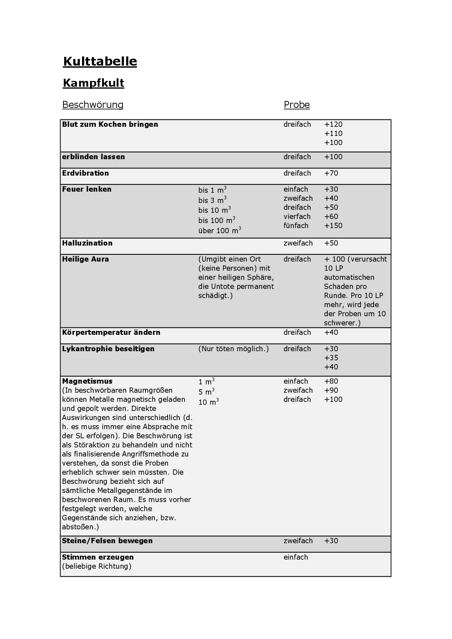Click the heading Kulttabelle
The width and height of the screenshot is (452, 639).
pyautogui.click(x=100, y=61)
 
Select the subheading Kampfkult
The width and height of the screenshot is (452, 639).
pyautogui.click(x=93, y=83)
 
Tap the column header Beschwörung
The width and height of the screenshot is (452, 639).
pyautogui.click(x=93, y=105)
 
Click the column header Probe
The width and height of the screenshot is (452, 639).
pyautogui.click(x=297, y=105)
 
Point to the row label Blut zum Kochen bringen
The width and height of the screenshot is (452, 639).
pyautogui.click(x=110, y=124)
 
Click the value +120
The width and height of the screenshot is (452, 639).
pyautogui.click(x=333, y=124)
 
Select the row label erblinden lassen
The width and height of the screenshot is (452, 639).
pyautogui.click(x=93, y=157)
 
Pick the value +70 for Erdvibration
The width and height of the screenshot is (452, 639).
pyautogui.click(x=331, y=173)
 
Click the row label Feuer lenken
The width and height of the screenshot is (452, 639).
pyautogui.click(x=87, y=189)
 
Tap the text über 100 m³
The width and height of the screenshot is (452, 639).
pyautogui.click(x=219, y=230)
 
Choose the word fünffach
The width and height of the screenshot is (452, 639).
pyautogui.click(x=296, y=226)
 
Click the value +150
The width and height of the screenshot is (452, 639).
pyautogui.click(x=333, y=226)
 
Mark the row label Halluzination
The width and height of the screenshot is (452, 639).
pyautogui.click(x=87, y=243)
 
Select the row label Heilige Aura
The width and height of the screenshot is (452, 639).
pyautogui.click(x=85, y=259)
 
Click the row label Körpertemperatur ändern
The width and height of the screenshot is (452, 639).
pyautogui.click(x=111, y=332)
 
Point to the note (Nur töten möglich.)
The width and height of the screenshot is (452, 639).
pyautogui.click(x=233, y=349)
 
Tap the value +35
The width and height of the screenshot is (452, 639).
pyautogui.click(x=331, y=358)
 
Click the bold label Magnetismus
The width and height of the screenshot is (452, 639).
pyautogui.click(x=87, y=381)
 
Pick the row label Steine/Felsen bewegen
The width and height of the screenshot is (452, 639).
pyautogui.click(x=107, y=541)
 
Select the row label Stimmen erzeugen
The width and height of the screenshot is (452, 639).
pyautogui.click(x=98, y=557)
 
